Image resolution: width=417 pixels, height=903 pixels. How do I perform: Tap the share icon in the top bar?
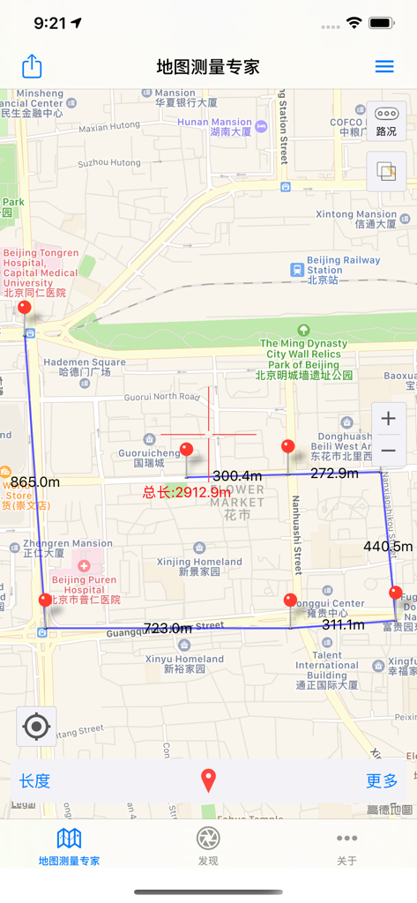coord(32,66)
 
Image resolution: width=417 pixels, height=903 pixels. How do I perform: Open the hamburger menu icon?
coord(384,66)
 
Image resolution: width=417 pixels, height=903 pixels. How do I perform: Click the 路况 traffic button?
coord(386,120)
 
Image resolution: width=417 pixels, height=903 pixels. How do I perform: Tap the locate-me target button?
coord(36,727)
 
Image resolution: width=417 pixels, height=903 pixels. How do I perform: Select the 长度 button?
coord(35,780)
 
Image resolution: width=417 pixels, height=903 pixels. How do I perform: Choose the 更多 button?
coord(383,780)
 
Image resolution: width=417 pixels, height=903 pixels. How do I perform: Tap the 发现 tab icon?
coord(208,844)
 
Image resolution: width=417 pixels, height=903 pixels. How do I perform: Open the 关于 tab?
coord(346,844)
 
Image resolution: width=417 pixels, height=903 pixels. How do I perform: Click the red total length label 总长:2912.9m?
coord(187,492)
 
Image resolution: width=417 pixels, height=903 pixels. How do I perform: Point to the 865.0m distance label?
coord(35,482)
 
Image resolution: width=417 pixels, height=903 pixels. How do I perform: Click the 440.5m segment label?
coord(388,547)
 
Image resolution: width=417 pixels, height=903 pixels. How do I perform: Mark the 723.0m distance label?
coord(168,628)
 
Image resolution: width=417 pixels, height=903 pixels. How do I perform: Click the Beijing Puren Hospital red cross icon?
coord(83,564)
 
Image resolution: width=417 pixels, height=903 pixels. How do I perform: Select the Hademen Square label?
coord(85,366)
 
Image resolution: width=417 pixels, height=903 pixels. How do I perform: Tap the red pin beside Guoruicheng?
coord(186,451)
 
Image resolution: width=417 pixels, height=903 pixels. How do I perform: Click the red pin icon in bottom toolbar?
coord(208,780)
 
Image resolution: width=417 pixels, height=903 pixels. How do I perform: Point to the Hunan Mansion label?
coord(214,127)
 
